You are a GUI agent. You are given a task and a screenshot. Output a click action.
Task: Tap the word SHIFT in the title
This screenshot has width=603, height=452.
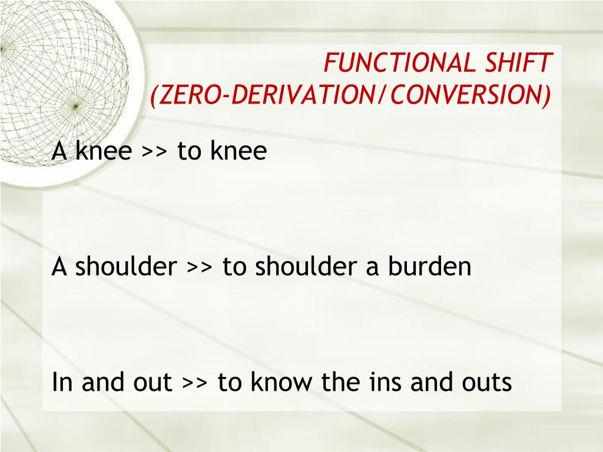[527, 63]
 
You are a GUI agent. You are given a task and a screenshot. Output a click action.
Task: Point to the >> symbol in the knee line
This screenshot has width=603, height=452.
[154, 152]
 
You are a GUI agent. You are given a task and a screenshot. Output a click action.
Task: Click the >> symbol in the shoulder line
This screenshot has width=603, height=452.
[200, 268]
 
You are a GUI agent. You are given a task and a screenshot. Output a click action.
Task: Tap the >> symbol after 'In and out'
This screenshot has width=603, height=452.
[195, 383]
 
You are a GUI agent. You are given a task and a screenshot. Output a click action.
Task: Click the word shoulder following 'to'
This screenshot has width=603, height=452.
[304, 267]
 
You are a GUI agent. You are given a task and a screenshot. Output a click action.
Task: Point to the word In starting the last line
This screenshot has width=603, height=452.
[63, 383]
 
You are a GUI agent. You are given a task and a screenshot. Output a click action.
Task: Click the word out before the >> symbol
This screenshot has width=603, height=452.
[153, 384]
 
